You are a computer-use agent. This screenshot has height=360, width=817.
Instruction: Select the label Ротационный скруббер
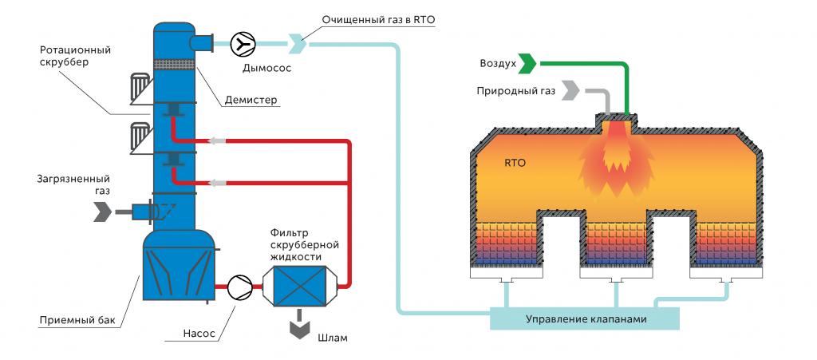tap(75, 56)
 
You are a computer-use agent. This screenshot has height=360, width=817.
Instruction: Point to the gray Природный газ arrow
tap(570, 90)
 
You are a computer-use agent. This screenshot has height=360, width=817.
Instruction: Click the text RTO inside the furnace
tap(515, 163)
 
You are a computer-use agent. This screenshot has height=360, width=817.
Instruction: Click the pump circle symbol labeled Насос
tap(239, 286)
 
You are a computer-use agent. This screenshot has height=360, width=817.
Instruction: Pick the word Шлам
tap(333, 338)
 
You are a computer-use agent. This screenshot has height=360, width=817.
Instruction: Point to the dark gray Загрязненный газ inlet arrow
tap(104, 212)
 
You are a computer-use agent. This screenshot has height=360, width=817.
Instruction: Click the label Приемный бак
tap(77, 321)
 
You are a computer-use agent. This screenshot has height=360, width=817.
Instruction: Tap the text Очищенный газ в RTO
tap(377, 19)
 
